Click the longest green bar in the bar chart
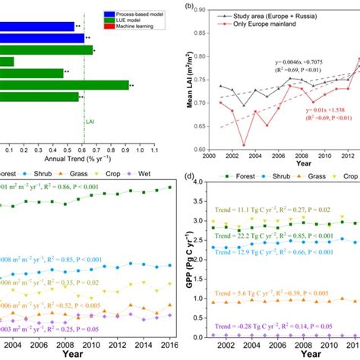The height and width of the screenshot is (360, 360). (65, 85)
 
